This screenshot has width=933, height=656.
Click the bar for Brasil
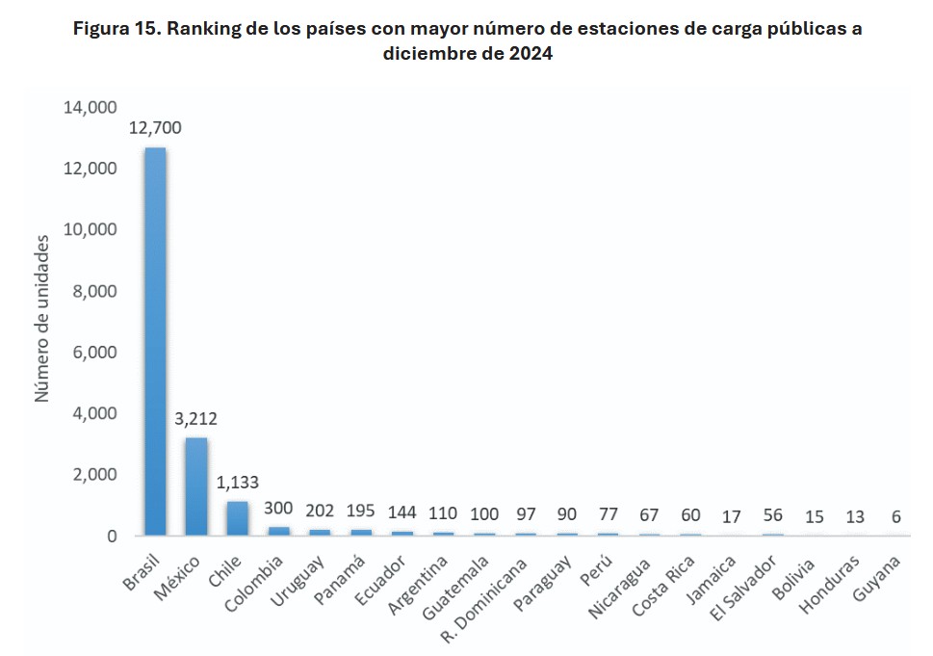(155, 342)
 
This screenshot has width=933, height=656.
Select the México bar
(196, 486)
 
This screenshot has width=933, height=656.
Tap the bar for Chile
(237, 518)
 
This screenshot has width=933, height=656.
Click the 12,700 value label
(155, 128)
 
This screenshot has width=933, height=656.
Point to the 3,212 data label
(196, 419)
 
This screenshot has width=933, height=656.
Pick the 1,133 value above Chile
(237, 483)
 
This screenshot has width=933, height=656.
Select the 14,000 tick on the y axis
(90, 108)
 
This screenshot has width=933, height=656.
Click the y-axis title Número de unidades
(43, 322)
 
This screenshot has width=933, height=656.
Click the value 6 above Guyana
(896, 516)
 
